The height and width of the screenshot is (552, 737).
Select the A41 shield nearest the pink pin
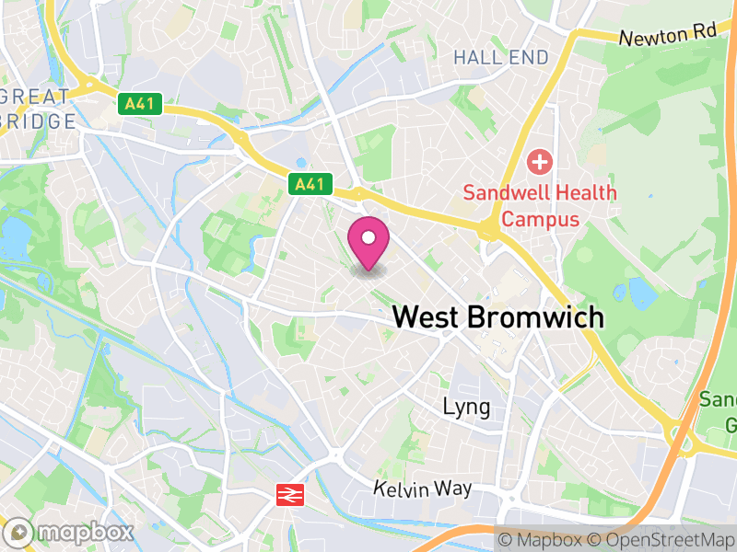point(309,184)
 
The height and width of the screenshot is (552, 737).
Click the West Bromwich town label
point(498,317)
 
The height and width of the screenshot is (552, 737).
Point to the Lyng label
point(466,407)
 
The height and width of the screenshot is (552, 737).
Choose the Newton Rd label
point(667,37)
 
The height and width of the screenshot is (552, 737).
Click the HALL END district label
point(501,57)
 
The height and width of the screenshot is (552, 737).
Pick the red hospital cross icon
point(539,165)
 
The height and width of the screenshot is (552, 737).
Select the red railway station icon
point(288,496)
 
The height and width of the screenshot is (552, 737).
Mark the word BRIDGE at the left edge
point(37,121)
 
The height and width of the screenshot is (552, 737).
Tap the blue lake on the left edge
point(15,237)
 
